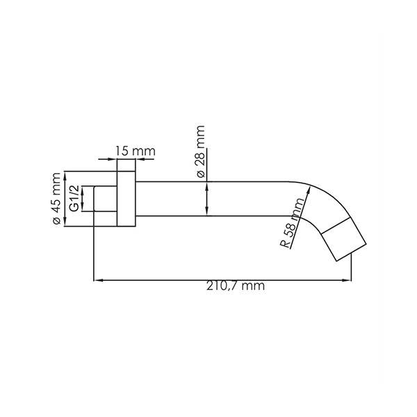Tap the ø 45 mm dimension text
point(56,199)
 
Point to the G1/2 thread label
point(73,199)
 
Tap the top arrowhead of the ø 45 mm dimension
point(65,174)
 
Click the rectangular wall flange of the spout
point(126,199)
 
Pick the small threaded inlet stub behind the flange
point(104,199)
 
